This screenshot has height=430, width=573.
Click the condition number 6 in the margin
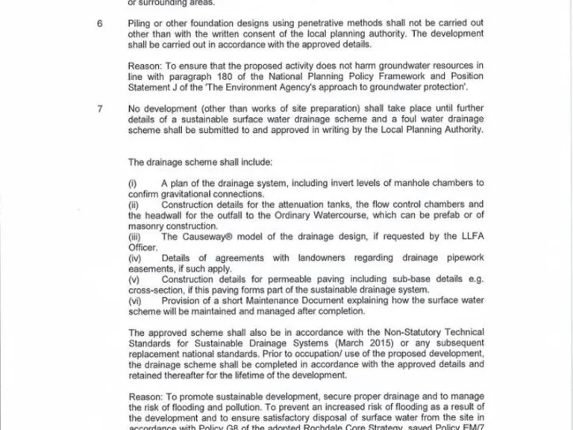[100, 23]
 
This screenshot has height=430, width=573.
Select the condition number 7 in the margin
[100, 108]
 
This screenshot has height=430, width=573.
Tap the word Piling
[140, 23]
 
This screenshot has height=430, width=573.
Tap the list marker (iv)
[134, 258]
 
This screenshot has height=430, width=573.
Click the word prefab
[441, 215]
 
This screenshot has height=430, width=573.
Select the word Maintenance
[269, 300]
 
